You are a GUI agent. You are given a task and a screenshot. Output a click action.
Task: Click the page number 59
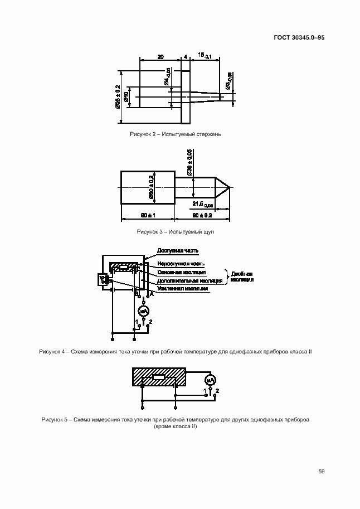(x=322, y=471)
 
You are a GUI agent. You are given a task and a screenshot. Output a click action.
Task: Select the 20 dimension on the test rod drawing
(x=160, y=57)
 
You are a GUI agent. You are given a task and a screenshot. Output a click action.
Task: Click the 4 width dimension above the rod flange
(x=185, y=57)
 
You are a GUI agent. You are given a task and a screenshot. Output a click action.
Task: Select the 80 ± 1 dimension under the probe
(x=147, y=215)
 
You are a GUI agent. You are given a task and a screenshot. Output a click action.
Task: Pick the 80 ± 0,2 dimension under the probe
(x=203, y=215)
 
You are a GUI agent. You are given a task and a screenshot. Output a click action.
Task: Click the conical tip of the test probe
(x=223, y=187)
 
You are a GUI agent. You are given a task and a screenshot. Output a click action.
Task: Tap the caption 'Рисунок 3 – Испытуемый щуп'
(x=176, y=231)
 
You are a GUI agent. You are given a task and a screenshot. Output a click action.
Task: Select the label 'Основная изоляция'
(x=182, y=272)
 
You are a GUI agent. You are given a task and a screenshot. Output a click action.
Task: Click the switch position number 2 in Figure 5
(x=217, y=390)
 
